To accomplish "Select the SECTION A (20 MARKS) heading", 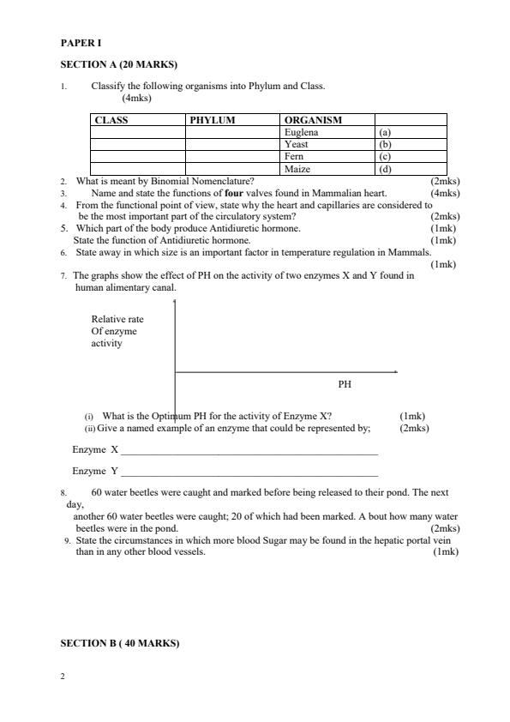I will [118, 64].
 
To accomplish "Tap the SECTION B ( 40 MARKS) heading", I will [120, 643].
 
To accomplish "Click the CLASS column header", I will [111, 121].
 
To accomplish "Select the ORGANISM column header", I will [313, 121].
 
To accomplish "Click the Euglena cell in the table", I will [301, 133].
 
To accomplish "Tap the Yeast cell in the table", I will [297, 145].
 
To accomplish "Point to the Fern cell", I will [294, 157].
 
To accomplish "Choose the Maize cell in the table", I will [297, 169].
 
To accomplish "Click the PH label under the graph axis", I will [345, 385].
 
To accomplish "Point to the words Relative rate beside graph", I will [117, 320].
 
